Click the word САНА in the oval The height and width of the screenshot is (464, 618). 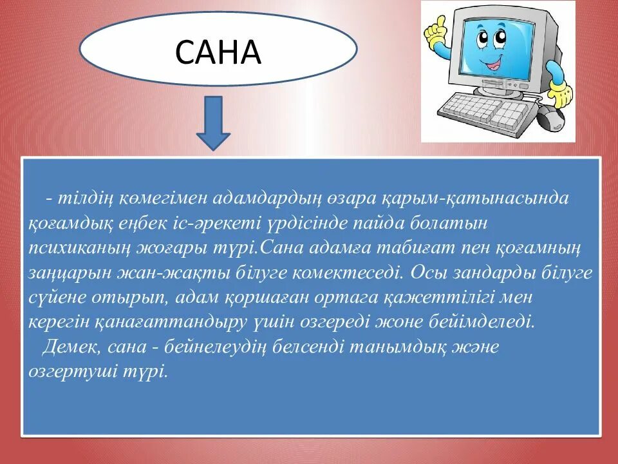tap(218, 52)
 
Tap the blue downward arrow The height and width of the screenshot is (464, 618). tap(213, 122)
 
